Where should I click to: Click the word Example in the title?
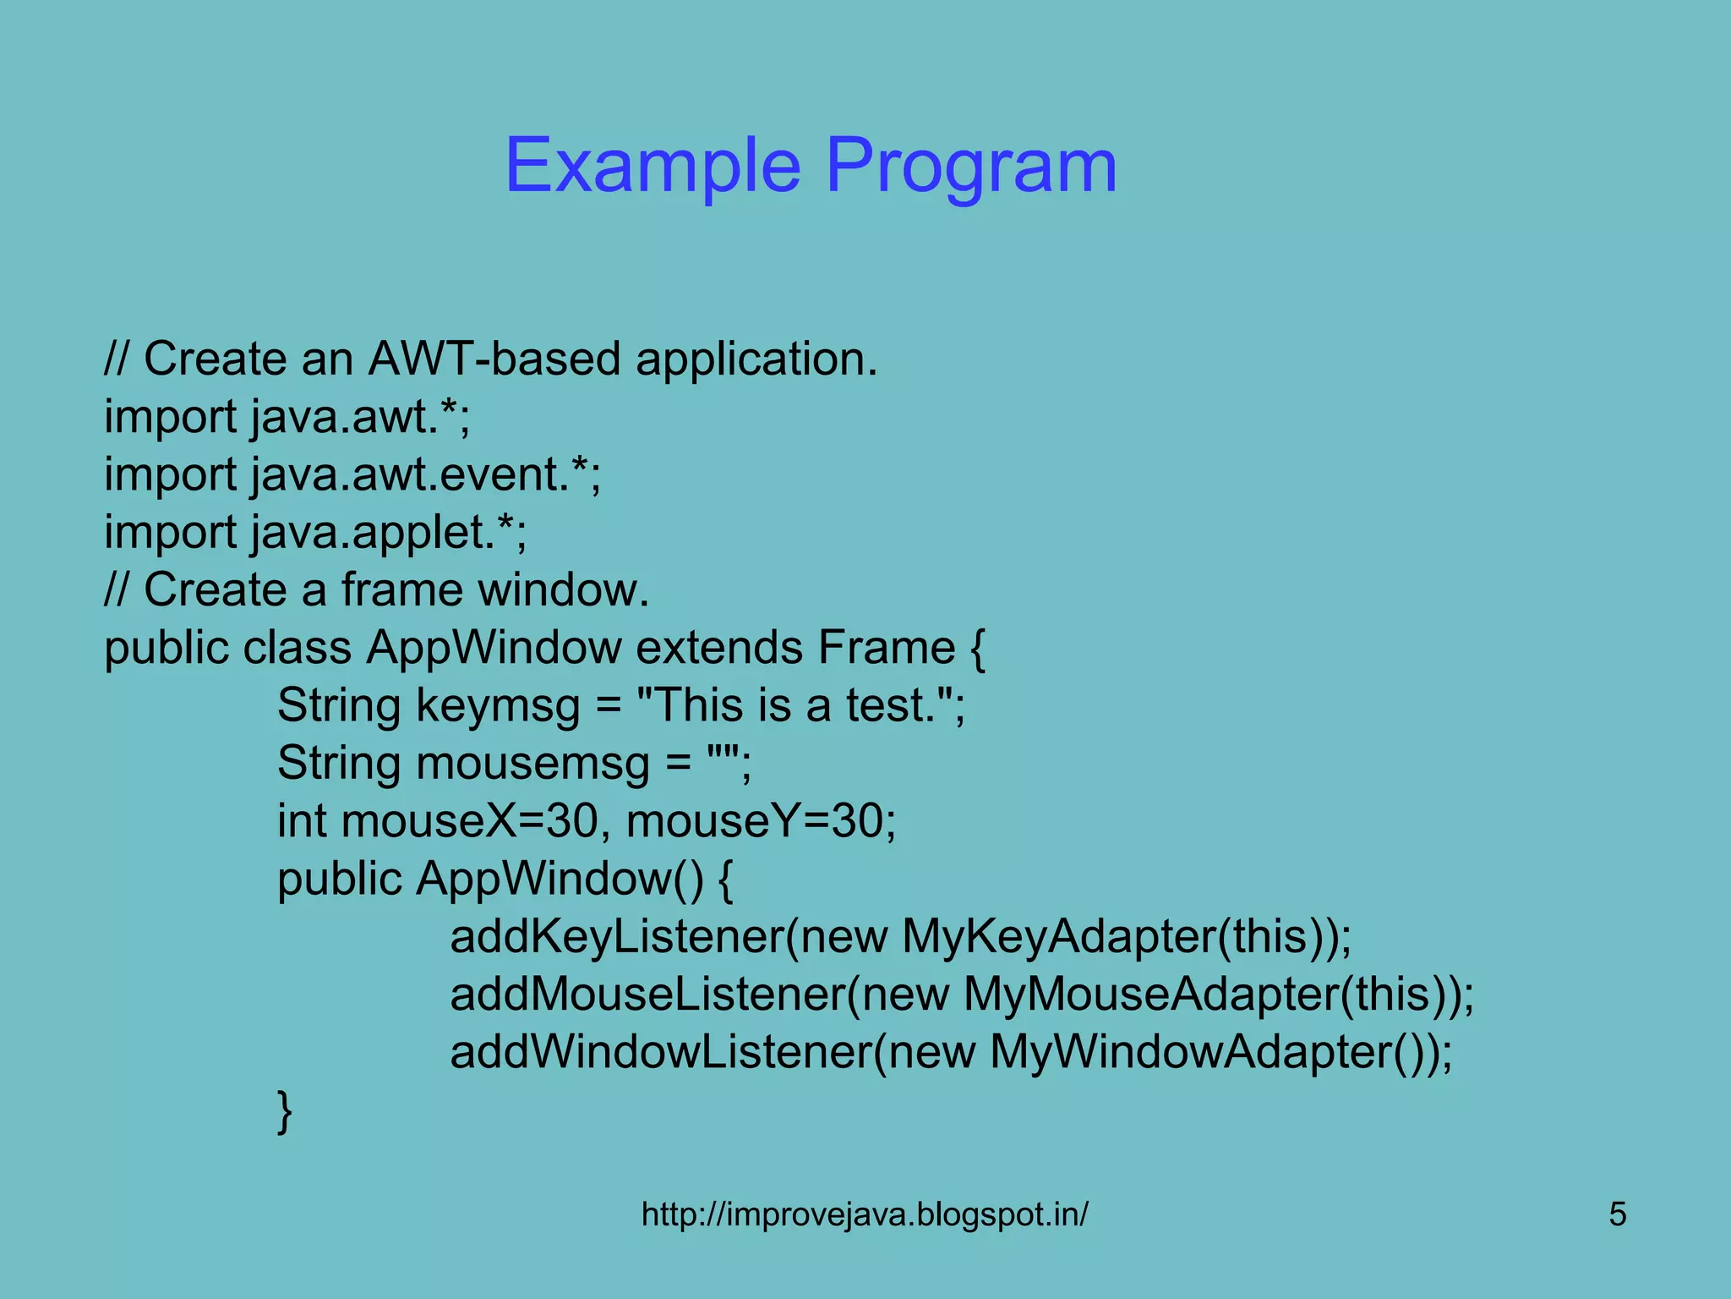click(653, 167)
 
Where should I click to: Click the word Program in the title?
click(970, 167)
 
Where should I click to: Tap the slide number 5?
click(1617, 1214)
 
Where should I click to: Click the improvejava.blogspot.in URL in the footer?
click(865, 1214)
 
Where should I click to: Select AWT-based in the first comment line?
click(494, 359)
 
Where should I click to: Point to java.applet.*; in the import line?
click(389, 532)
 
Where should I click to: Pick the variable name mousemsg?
click(533, 764)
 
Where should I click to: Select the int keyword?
click(302, 821)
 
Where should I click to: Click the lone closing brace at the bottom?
click(285, 1111)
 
